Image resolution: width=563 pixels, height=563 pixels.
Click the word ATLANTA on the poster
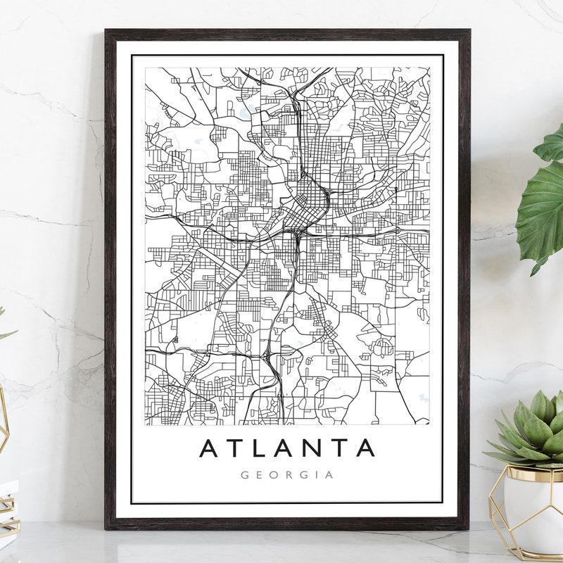[x=286, y=448]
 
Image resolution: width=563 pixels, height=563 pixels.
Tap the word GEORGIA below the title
[x=286, y=475]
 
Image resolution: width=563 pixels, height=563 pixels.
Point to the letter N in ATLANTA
[x=317, y=448]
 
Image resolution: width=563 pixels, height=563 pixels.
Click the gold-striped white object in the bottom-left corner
[x=7, y=507]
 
